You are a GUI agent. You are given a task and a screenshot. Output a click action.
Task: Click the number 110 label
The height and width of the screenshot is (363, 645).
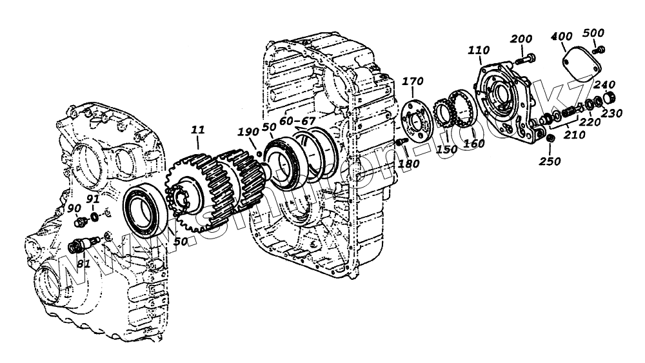[x=479, y=50]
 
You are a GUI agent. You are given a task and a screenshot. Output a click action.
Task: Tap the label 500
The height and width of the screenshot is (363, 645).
[x=593, y=33]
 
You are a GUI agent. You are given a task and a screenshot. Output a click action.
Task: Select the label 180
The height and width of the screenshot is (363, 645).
[x=409, y=163]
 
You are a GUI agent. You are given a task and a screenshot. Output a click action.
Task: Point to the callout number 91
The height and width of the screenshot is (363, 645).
[x=93, y=199]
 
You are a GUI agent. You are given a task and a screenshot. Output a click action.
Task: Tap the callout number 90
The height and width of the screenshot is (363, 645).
[x=74, y=208]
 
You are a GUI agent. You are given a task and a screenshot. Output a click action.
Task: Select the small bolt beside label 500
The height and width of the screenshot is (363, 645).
[x=600, y=49]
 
